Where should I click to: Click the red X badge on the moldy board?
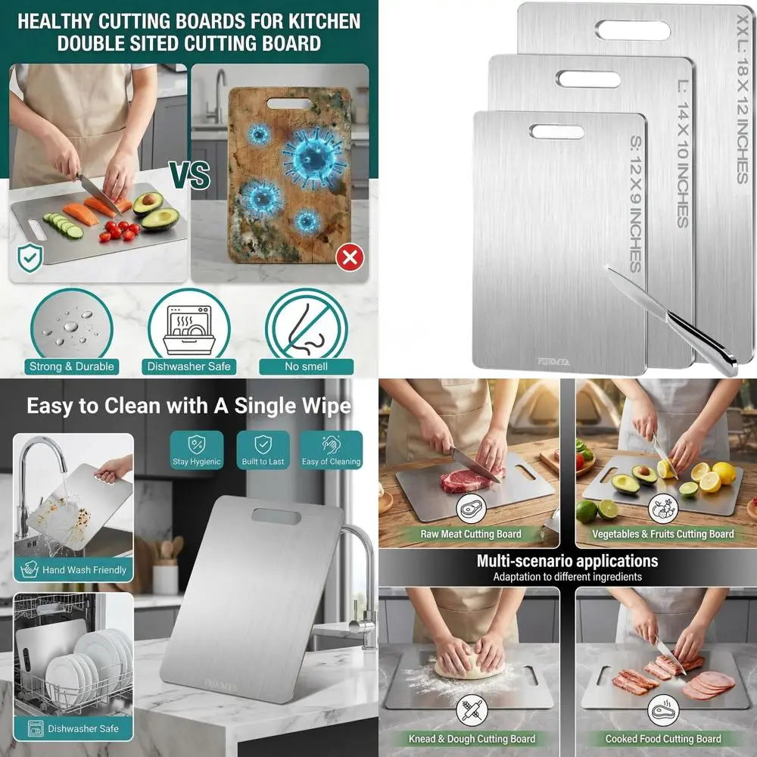click(349, 258)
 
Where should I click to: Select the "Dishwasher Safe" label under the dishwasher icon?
click(188, 366)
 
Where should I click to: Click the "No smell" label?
click(306, 366)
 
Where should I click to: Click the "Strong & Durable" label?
click(72, 366)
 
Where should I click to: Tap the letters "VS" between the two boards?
click(189, 176)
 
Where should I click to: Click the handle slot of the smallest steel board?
click(556, 132)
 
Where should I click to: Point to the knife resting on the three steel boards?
click(674, 322)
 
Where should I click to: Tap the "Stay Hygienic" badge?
click(196, 450)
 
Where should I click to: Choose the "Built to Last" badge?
click(263, 450)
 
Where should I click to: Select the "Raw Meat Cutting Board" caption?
click(471, 534)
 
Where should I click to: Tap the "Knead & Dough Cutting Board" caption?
click(471, 739)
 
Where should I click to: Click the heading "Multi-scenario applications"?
click(567, 561)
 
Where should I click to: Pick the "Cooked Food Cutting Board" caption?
click(663, 739)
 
